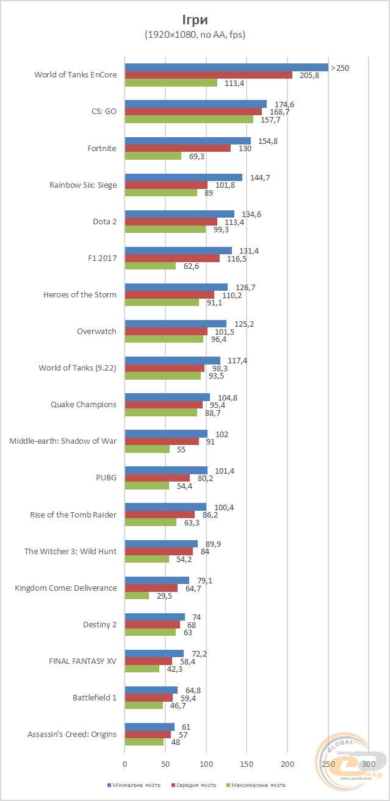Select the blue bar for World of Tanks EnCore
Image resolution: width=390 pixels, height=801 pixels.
(x=226, y=68)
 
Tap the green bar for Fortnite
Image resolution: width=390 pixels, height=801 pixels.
(x=153, y=156)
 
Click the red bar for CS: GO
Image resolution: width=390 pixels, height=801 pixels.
(x=193, y=112)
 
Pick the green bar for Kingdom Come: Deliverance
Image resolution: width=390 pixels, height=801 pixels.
(x=137, y=596)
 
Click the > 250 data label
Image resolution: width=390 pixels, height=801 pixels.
(x=340, y=68)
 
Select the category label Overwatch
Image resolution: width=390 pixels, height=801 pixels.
(x=96, y=331)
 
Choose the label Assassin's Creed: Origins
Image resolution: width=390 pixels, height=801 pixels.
(x=72, y=734)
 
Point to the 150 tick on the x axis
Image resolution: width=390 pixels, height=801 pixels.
(x=247, y=763)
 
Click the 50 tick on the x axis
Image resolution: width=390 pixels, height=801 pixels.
(x=165, y=763)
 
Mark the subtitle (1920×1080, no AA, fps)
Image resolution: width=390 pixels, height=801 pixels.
(x=195, y=35)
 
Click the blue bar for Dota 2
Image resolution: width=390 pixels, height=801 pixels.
(x=179, y=214)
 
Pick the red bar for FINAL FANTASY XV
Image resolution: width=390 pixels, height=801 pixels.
(x=148, y=661)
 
